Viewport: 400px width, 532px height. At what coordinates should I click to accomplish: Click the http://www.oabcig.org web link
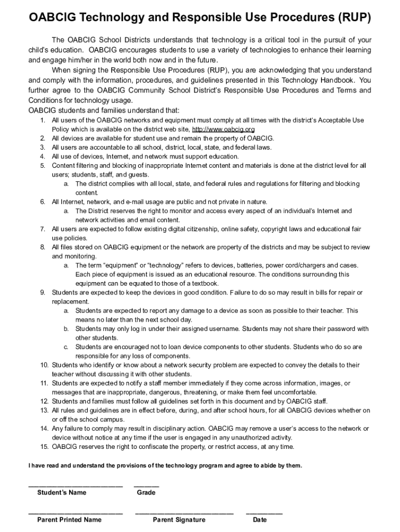[223, 129]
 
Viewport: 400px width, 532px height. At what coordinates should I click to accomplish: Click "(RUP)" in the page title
[354, 19]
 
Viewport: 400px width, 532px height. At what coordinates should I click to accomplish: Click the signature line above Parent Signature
[184, 514]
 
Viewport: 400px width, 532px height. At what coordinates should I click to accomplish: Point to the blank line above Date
[264, 514]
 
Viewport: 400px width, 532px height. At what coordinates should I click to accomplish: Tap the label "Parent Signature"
[179, 520]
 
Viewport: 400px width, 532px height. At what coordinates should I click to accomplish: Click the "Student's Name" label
[62, 493]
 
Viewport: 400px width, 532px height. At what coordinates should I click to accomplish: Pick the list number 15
[44, 447]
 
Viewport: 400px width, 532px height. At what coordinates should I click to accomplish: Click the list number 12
[44, 402]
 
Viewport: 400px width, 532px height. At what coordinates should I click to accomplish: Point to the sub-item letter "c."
[66, 347]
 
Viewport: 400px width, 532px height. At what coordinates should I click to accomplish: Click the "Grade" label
[146, 493]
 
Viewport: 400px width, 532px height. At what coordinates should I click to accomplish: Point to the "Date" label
[260, 520]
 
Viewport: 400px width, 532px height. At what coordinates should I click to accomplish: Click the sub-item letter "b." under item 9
[66, 329]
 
